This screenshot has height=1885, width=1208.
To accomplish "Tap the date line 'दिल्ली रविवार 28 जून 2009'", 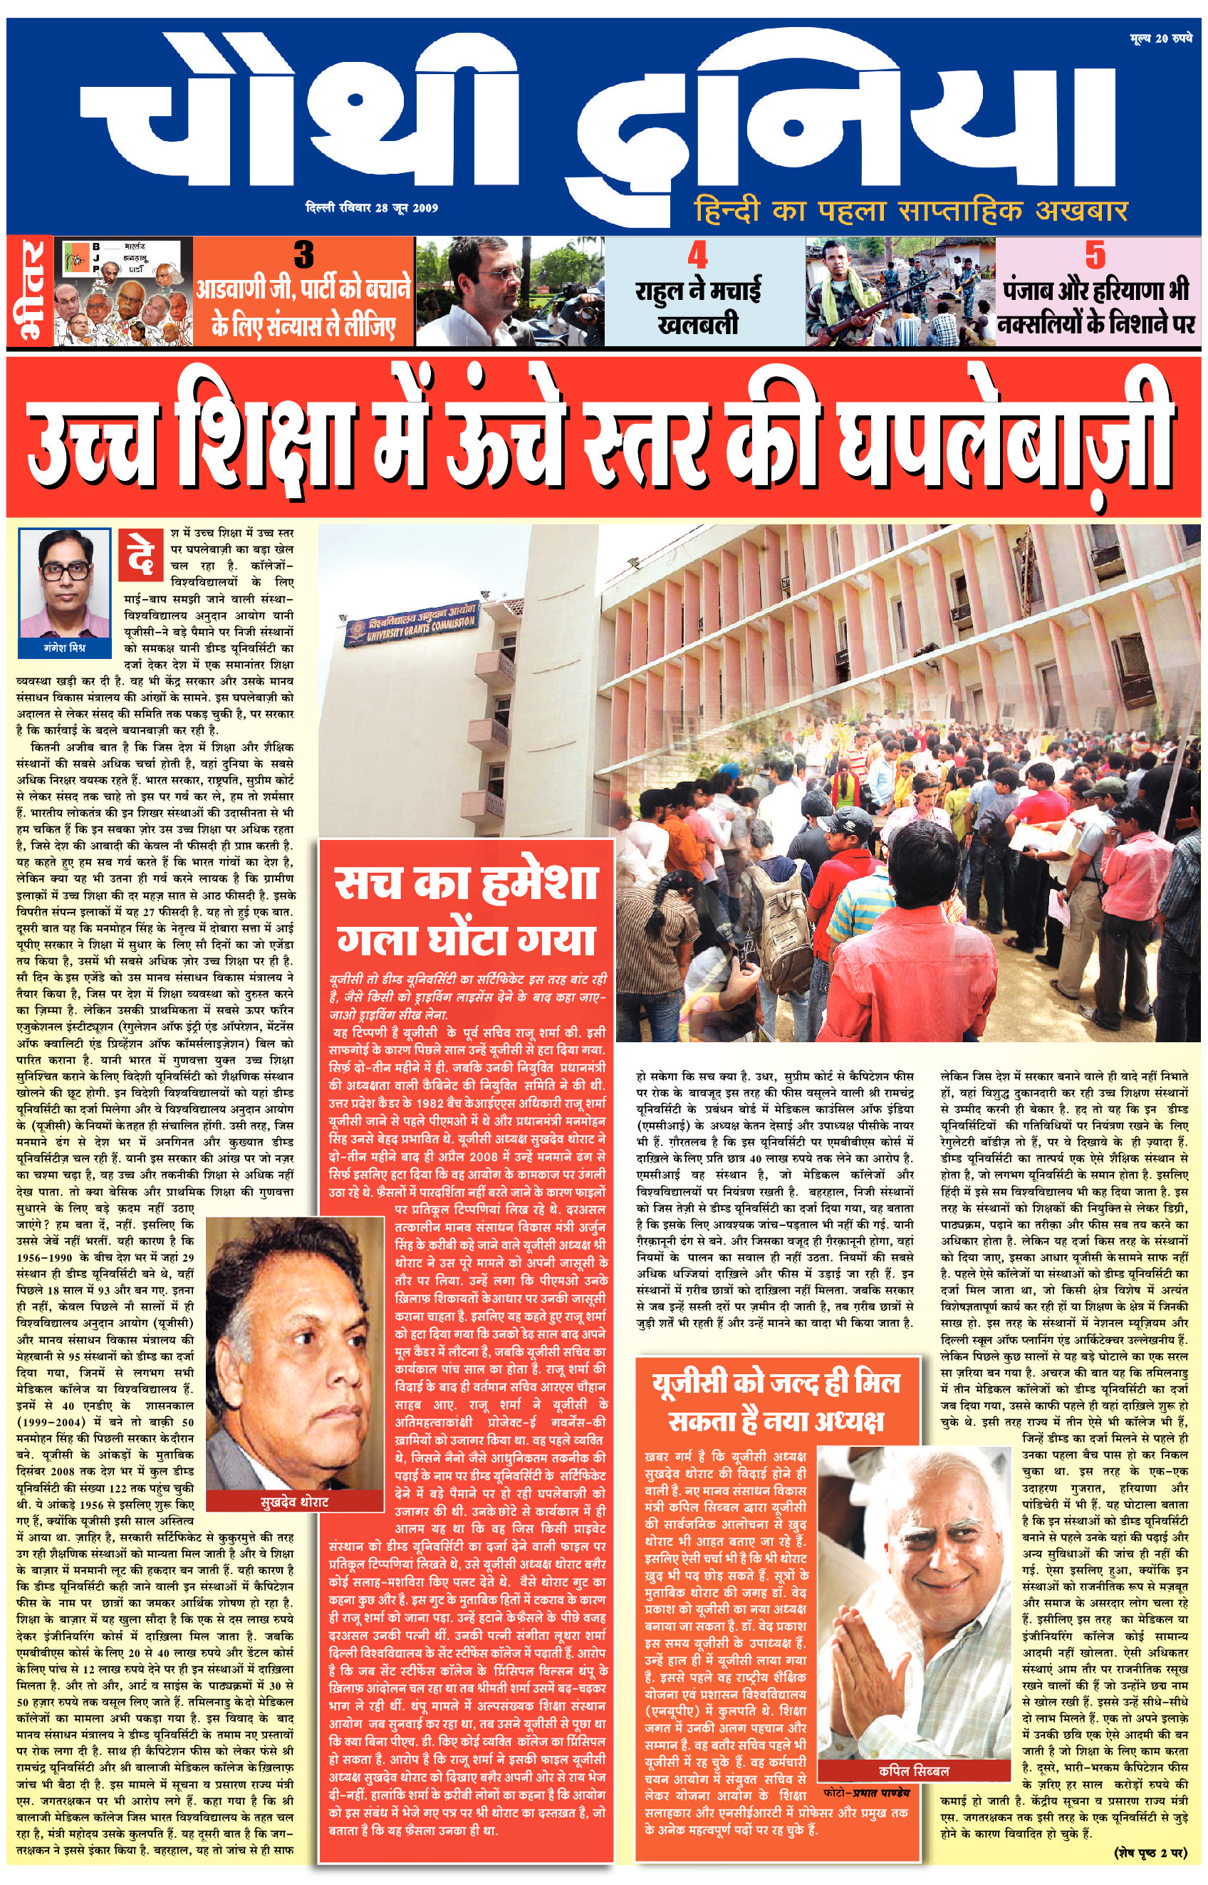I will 372,208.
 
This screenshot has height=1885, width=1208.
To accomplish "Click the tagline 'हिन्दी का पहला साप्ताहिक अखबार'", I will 911,211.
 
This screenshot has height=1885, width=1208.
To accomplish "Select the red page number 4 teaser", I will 697,256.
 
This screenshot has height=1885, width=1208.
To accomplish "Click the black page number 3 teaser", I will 303,254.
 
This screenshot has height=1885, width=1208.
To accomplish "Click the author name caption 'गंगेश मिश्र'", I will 65,648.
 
